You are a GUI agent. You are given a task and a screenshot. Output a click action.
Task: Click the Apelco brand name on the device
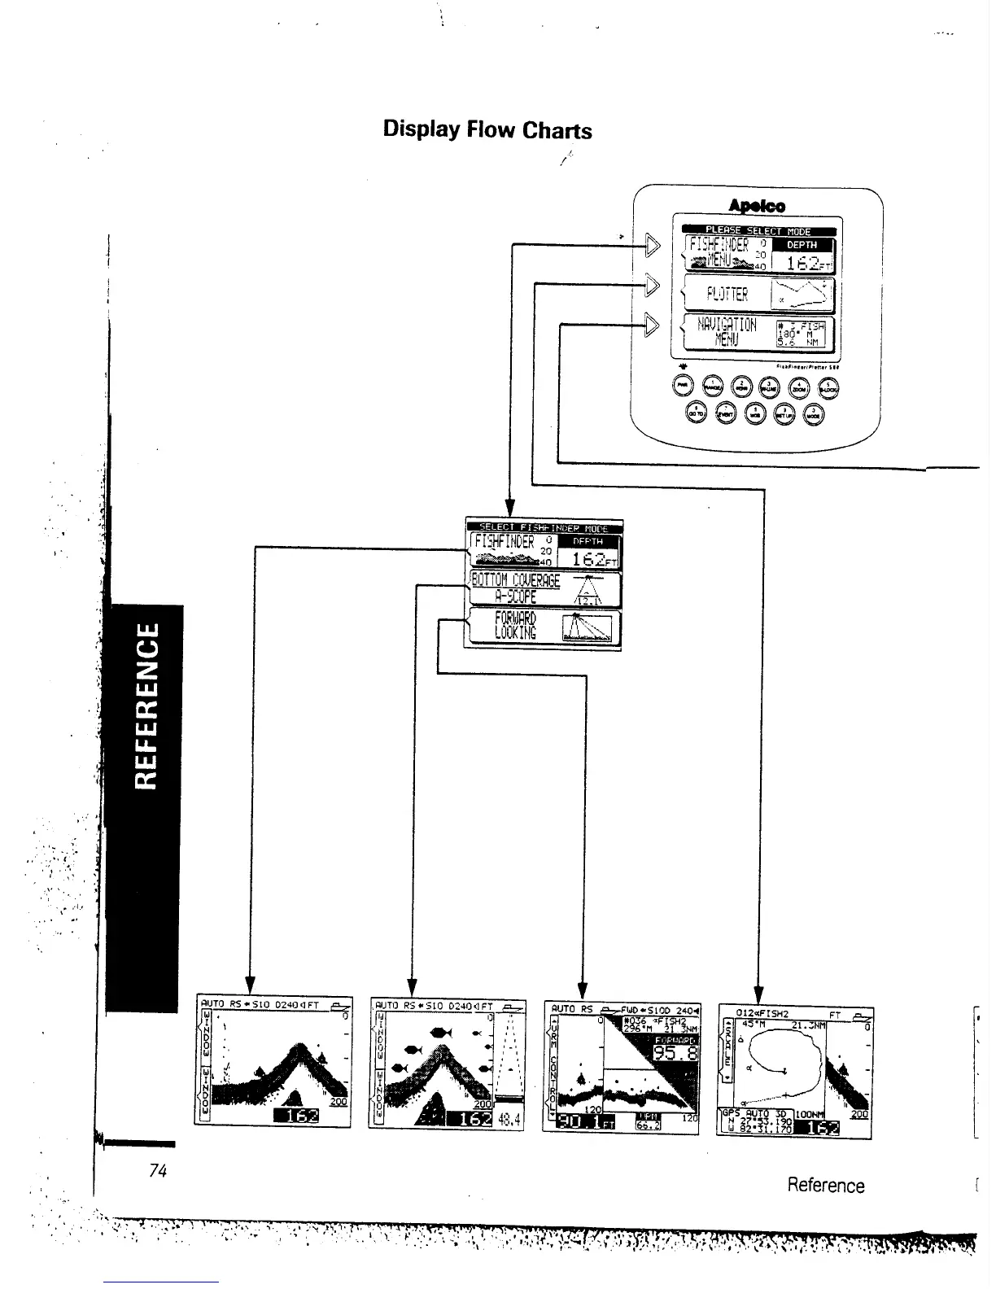click(757, 207)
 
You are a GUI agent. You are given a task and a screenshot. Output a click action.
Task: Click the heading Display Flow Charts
click(487, 130)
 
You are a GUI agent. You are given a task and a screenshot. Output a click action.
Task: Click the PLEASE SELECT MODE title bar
click(758, 231)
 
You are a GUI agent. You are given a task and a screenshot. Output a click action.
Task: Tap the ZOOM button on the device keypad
click(799, 389)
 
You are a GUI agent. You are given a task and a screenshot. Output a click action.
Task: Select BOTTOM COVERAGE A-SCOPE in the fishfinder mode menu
click(516, 588)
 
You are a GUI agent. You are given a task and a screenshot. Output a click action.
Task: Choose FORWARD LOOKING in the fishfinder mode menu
click(515, 626)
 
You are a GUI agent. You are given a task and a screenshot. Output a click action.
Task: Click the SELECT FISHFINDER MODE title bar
click(543, 528)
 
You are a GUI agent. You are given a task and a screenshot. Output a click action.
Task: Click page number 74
click(158, 1171)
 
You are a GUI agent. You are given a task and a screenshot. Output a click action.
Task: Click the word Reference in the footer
click(825, 1185)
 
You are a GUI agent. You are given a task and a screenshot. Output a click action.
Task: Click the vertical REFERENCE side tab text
click(146, 706)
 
